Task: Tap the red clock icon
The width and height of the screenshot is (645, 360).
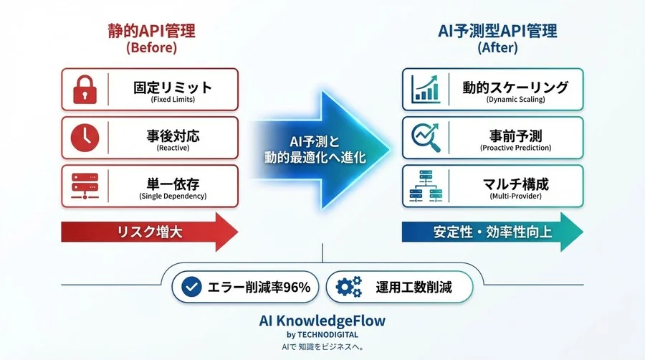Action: [85, 137]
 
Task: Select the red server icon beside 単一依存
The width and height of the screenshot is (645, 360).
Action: [85, 185]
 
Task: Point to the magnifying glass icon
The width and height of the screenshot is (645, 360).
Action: [425, 137]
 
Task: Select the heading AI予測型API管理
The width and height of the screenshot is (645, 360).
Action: [497, 31]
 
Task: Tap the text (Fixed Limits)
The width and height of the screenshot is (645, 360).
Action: [173, 100]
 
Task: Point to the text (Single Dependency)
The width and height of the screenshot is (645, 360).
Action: [173, 196]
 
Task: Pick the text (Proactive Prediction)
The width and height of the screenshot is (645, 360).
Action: [515, 148]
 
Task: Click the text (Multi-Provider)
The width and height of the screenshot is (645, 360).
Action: [515, 196]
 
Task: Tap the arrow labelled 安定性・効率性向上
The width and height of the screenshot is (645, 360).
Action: [492, 232]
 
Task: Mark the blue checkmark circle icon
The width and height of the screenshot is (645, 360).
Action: [191, 288]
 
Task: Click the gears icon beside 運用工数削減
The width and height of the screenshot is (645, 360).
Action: [349, 288]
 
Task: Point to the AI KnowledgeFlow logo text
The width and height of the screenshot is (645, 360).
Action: [321, 321]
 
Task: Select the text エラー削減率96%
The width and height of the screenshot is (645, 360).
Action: [259, 288]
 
